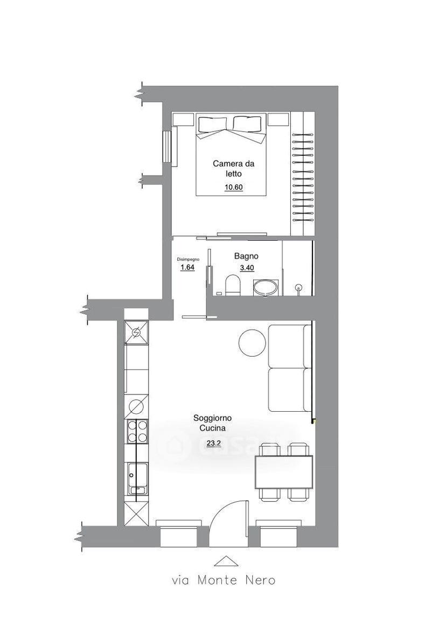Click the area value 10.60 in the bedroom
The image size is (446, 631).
point(233,187)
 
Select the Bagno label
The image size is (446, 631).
point(246,256)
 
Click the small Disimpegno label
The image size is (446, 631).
point(189,259)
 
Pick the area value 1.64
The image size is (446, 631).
point(187,267)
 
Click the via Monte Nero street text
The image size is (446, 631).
point(224,580)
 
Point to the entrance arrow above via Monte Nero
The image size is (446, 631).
point(224,561)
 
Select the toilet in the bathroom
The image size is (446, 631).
point(233,285)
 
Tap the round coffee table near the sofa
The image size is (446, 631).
point(252,343)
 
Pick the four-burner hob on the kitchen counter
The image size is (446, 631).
point(137,432)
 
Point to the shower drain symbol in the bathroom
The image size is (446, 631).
point(298,287)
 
